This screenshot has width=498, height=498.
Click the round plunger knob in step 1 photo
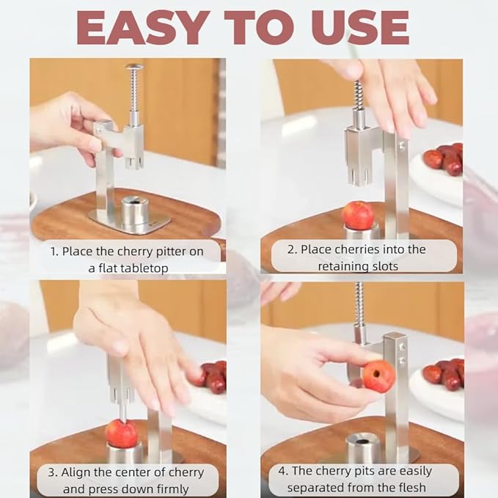click(134, 67)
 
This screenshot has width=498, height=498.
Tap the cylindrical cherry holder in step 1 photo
click(134, 210)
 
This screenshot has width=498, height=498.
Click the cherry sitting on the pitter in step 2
click(357, 216)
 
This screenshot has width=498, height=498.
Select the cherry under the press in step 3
click(122, 433)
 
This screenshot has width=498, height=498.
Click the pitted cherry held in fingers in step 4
click(378, 376)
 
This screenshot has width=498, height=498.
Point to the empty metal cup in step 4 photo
click(363, 447)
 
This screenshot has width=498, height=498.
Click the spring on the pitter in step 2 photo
click(359, 95)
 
